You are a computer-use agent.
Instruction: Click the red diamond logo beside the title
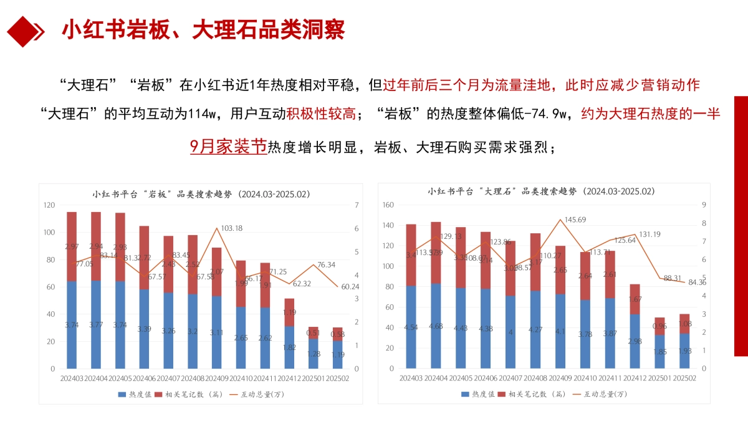click(24, 29)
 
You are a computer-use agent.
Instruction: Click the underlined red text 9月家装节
click(228, 147)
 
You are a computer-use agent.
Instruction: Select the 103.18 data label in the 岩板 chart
click(231, 228)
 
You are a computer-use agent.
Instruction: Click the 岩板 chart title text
click(201, 194)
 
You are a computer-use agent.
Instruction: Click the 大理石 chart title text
click(540, 191)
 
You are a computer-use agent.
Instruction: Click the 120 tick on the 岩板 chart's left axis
click(49, 205)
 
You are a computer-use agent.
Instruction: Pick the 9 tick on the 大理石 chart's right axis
click(703, 205)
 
